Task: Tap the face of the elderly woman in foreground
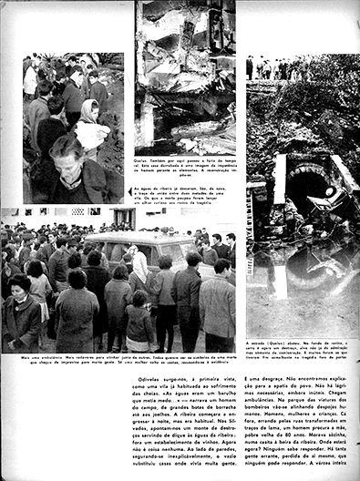coord(69,156)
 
